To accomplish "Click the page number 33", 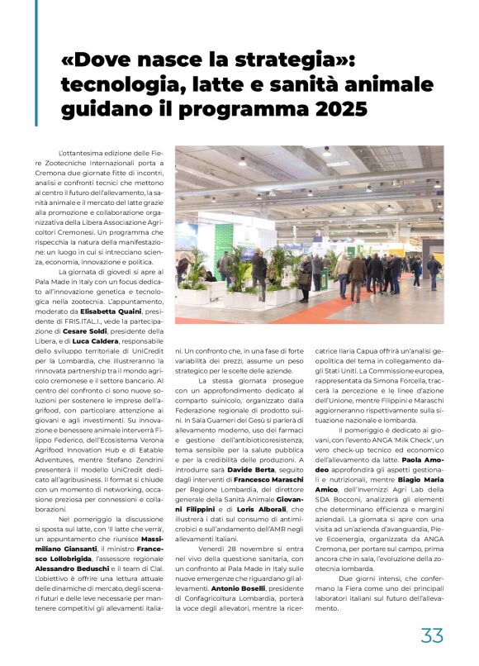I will tap(432, 635).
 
